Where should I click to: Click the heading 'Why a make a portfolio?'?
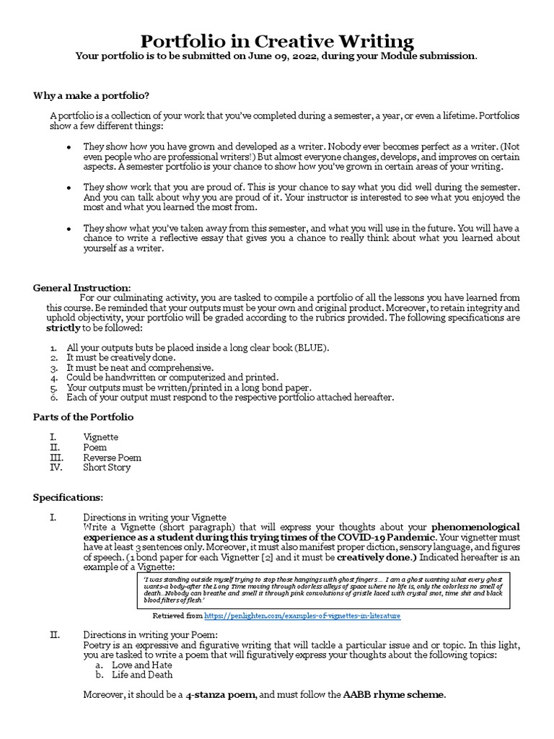pos(92,95)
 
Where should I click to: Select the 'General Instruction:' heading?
pos(82,287)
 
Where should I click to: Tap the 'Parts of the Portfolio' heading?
pos(83,416)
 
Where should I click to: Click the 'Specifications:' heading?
pos(68,497)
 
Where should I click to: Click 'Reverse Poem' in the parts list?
pos(112,458)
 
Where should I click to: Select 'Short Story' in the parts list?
pos(107,468)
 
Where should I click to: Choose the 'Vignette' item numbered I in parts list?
pos(100,437)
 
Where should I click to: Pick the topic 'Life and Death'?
pos(142,675)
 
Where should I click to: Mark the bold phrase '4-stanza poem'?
pos(221,695)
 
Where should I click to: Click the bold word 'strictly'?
pos(62,327)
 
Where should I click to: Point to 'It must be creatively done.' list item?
pos(120,357)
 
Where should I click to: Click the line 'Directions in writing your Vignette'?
pos(154,517)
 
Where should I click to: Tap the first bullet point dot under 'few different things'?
pos(69,147)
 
